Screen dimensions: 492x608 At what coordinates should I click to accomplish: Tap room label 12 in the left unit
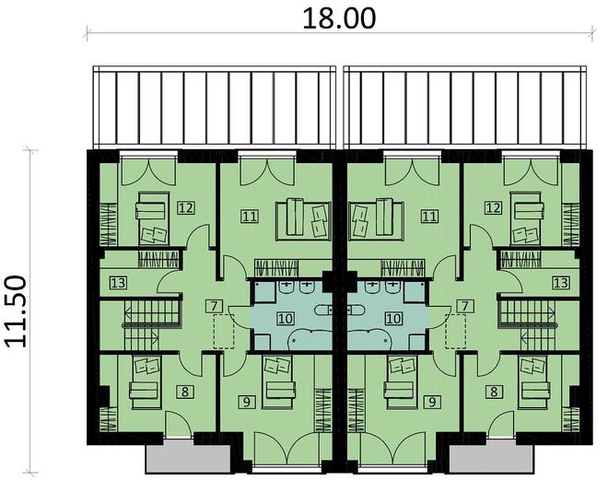pos(187,207)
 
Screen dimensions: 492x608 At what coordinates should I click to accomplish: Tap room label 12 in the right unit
pos(493,207)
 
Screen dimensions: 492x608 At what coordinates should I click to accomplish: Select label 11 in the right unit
pos(429,217)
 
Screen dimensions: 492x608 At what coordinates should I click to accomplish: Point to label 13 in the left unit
pos(117,283)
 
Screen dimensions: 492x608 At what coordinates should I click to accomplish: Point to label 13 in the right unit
pos(561,283)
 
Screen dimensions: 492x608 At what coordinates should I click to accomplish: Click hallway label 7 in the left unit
pos(214,305)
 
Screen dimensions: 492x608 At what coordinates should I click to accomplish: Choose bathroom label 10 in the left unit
pos(286,318)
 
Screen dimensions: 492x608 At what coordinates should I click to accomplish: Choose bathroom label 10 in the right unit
pos(393,318)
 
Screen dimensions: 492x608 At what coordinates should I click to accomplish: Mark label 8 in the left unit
pos(186,392)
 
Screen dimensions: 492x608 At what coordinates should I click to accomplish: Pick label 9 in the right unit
pos(432,402)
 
